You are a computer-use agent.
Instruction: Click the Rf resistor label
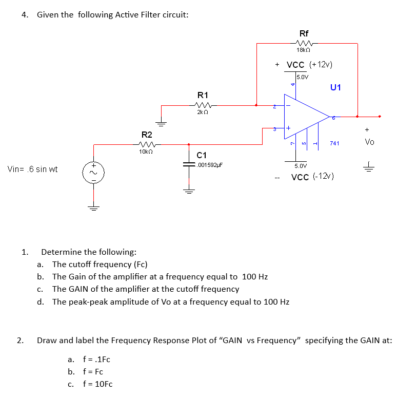click(303, 33)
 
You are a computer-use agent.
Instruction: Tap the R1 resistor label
click(203, 95)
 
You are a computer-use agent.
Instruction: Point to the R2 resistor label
click(147, 135)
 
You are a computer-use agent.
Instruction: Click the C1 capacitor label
click(202, 155)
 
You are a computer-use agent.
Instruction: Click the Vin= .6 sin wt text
click(32, 169)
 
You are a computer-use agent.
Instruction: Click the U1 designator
click(335, 87)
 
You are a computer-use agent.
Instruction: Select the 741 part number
click(334, 143)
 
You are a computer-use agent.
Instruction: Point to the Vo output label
click(369, 142)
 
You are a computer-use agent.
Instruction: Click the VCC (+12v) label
click(309, 65)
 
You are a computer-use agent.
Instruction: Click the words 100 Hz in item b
click(254, 277)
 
